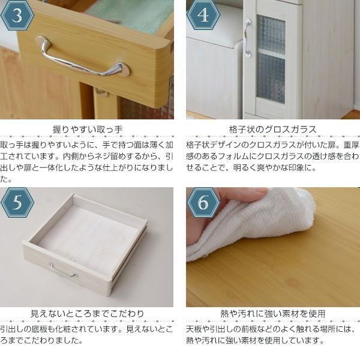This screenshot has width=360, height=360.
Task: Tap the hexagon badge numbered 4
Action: [x=203, y=16]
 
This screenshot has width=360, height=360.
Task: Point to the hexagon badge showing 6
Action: [x=203, y=204]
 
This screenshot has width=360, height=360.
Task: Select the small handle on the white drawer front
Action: [x=62, y=271]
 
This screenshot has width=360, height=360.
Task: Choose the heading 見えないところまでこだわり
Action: [x=88, y=314]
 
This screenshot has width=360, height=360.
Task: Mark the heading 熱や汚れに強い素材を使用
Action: [x=273, y=314]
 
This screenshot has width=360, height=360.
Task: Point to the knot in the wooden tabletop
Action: [x=292, y=281]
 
